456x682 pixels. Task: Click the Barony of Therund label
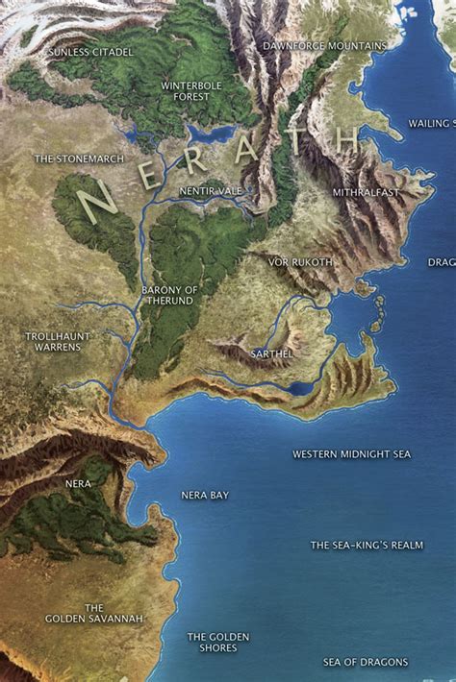click(x=167, y=295)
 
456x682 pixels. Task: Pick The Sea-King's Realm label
click(x=367, y=545)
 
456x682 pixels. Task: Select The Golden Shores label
click(x=218, y=643)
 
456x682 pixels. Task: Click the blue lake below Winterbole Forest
click(x=212, y=134)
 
